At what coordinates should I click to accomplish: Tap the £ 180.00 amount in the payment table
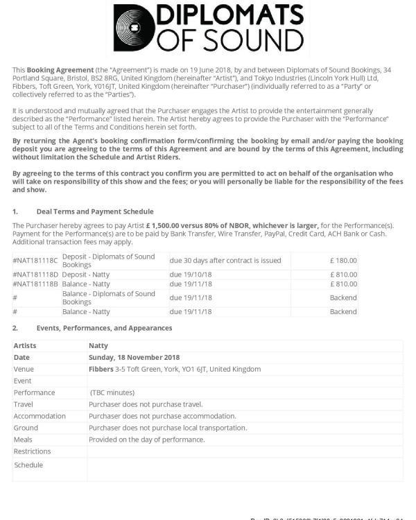point(343,261)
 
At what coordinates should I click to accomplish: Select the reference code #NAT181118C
point(36,261)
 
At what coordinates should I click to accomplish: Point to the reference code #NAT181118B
point(36,284)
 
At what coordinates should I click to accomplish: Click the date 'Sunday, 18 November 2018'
point(134,357)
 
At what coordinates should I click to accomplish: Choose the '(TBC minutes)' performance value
point(112,392)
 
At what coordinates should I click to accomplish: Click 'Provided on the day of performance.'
point(146,440)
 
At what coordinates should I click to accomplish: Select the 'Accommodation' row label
point(40,416)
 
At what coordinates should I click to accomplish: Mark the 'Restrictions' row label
point(32,451)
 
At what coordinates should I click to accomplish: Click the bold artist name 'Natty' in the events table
point(98,345)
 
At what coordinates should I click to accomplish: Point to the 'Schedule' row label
point(28,465)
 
